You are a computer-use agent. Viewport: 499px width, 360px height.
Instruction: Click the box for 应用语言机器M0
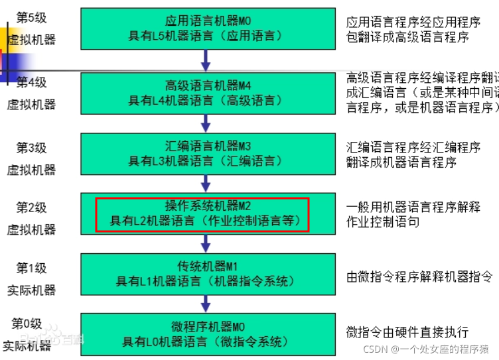pyautogui.click(x=206, y=29)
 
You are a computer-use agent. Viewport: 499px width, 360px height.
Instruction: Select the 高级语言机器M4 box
pyautogui.click(x=206, y=93)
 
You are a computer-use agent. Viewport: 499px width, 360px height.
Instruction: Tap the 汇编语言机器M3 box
pyautogui.click(x=206, y=153)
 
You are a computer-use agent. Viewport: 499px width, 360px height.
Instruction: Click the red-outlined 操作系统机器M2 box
pyautogui.click(x=203, y=213)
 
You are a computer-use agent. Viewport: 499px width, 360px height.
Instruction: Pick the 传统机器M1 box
pyautogui.click(x=206, y=274)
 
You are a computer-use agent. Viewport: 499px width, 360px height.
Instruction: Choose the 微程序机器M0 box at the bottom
pyautogui.click(x=206, y=334)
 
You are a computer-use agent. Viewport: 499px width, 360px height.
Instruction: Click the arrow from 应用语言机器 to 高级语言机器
pyautogui.click(x=206, y=61)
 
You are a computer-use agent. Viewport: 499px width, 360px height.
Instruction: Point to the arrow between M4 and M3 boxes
pyautogui.click(x=206, y=123)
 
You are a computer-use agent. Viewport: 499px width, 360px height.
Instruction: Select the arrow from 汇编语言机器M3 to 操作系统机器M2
pyautogui.click(x=206, y=182)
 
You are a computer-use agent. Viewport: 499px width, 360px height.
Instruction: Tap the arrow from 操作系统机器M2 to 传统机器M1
pyautogui.click(x=206, y=243)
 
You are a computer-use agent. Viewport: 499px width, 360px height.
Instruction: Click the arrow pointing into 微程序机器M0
pyautogui.click(x=206, y=304)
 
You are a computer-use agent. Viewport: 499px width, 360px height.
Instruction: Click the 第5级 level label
pyautogui.click(x=31, y=16)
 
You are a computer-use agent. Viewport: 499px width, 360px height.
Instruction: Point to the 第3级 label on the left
pyautogui.click(x=31, y=147)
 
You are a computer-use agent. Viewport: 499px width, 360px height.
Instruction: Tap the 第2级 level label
pyautogui.click(x=31, y=208)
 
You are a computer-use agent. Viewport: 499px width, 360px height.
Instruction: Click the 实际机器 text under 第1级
pyautogui.click(x=31, y=290)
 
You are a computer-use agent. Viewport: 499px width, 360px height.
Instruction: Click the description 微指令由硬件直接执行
pyautogui.click(x=407, y=331)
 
